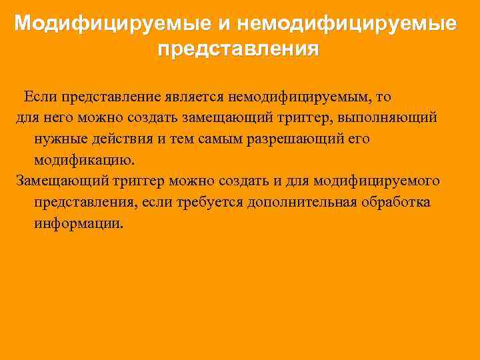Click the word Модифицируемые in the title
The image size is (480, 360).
112,24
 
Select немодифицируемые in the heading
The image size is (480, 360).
346,24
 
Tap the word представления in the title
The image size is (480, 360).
239,49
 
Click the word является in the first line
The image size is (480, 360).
201,96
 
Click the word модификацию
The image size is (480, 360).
84,160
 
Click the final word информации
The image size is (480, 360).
79,223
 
